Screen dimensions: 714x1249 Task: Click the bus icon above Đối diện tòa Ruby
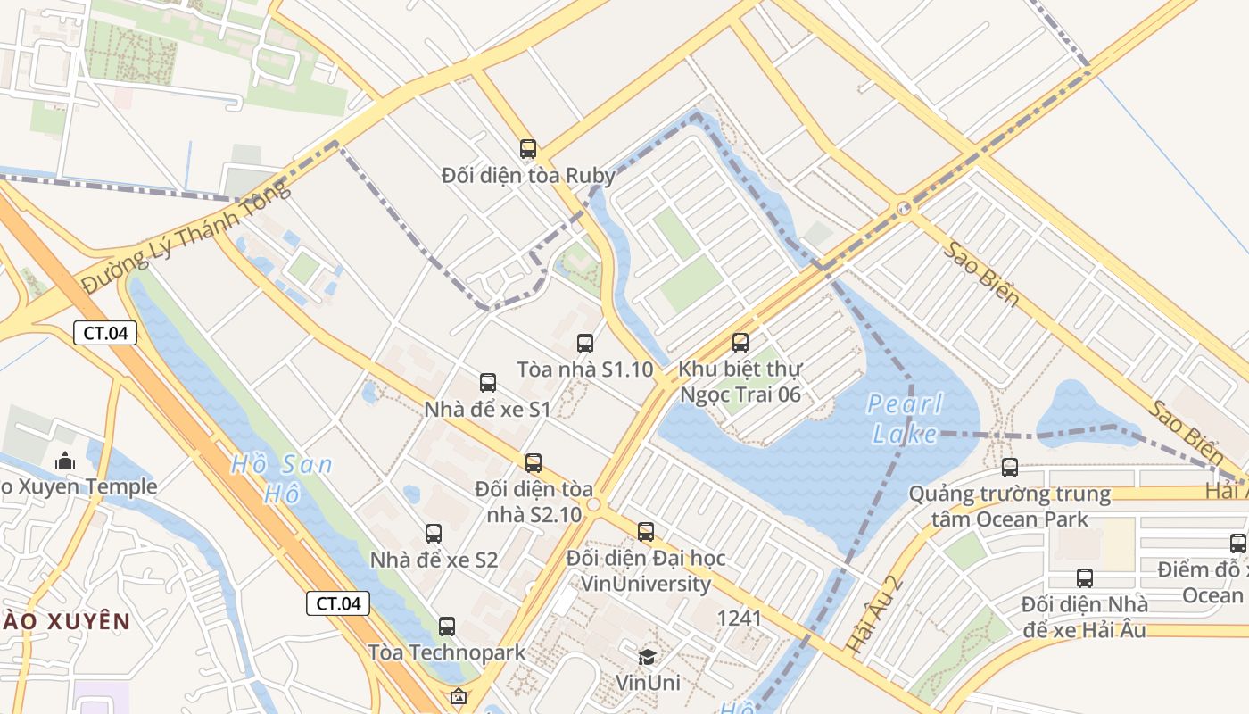point(528,148)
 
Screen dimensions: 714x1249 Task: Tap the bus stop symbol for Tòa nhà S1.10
point(585,343)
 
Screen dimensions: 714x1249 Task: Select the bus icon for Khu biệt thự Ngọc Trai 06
point(740,342)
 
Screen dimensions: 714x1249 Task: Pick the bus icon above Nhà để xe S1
point(488,383)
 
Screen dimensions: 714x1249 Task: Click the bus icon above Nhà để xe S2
point(434,534)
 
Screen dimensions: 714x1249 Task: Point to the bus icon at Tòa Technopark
point(447,627)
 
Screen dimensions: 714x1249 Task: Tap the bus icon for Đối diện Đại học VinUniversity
point(646,532)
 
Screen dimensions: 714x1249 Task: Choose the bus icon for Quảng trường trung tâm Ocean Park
point(1010,467)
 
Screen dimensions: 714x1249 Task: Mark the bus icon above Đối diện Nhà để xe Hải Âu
point(1085,577)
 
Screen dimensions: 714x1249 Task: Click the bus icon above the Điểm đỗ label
point(1238,543)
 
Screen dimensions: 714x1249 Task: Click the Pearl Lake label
point(905,419)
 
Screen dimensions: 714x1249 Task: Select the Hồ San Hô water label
point(280,478)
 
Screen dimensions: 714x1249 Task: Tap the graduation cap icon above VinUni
point(647,657)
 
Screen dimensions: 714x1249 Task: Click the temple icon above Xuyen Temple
point(65,461)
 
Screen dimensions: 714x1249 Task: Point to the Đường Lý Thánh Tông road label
point(186,237)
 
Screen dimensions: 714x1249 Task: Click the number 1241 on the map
point(739,618)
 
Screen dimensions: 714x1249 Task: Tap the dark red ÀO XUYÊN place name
point(65,621)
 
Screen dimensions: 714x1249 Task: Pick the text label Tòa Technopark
point(447,652)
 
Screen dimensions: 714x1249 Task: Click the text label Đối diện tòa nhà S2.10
point(534,502)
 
